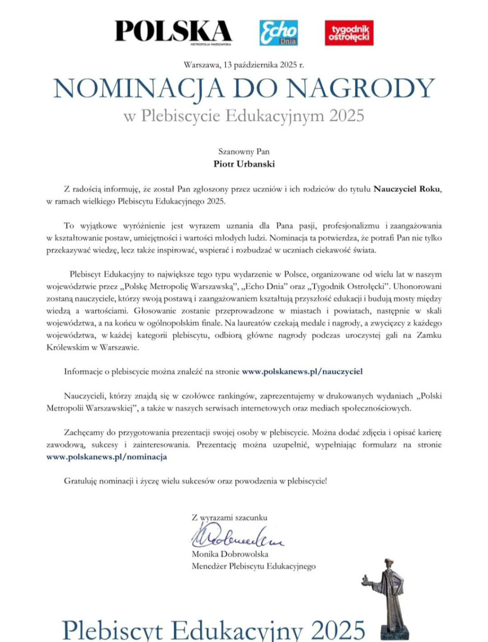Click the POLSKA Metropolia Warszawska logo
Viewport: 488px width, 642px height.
[173, 32]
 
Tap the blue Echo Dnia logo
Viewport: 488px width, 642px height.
[279, 33]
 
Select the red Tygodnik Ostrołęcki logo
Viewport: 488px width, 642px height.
[349, 33]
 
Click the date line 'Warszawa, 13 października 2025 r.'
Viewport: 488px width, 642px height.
[244, 65]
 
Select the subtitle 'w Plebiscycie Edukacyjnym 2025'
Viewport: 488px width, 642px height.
[244, 116]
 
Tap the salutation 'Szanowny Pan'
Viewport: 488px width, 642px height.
[244, 152]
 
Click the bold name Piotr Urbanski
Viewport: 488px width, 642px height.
[244, 164]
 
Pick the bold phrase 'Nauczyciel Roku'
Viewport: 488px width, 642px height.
[407, 189]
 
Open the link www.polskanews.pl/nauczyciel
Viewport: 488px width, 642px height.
[302, 371]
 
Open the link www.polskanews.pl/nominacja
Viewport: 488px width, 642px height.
[107, 457]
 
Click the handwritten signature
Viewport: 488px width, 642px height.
[237, 536]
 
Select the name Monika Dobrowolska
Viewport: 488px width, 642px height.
[230, 554]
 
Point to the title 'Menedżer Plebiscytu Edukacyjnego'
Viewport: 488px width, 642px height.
[254, 566]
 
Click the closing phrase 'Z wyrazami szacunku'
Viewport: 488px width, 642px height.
[229, 517]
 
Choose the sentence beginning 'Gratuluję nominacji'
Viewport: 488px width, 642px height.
[195, 481]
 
